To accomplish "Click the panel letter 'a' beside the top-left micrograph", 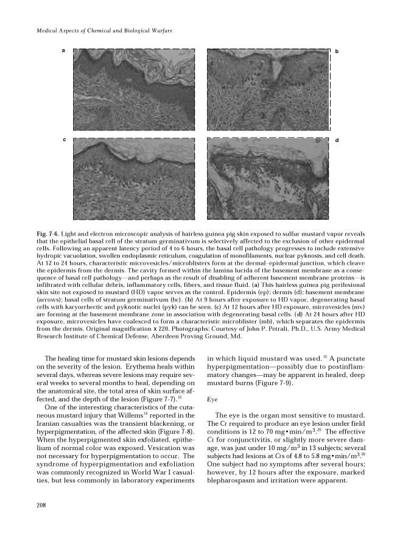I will pos(63,50).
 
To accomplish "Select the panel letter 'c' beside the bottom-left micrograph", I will pos(63,140).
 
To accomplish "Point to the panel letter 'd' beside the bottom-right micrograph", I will pos(336,141).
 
